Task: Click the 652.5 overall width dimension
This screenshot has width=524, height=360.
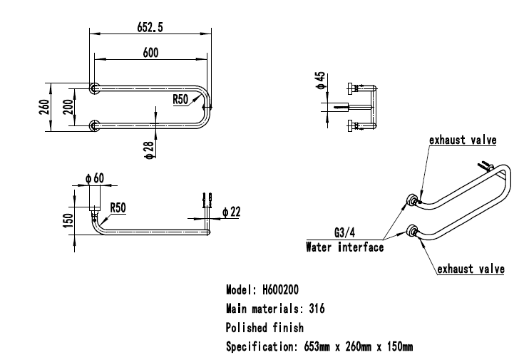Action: pos(150,27)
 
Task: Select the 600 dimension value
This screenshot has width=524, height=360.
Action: pos(150,53)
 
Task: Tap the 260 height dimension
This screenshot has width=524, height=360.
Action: pos(44,107)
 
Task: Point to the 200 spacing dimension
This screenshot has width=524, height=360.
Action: pos(68,107)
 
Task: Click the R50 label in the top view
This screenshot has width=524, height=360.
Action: pos(180,99)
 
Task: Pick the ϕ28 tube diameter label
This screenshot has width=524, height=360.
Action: pos(149,150)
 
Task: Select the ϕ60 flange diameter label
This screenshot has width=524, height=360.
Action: pos(95,178)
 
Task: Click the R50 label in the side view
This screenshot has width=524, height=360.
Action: pos(118,207)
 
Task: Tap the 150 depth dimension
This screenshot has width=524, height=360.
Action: pos(68,220)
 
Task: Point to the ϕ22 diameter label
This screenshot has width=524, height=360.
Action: pos(231,212)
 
